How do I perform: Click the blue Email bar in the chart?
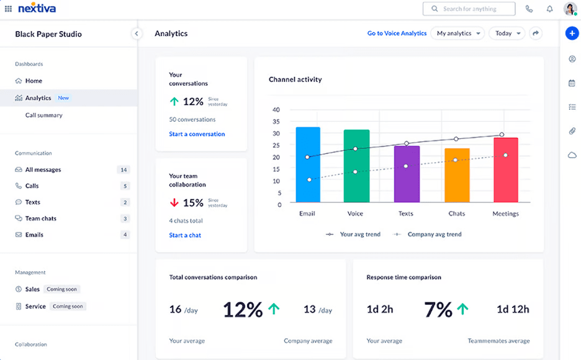click(x=308, y=164)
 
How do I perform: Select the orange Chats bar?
click(x=457, y=175)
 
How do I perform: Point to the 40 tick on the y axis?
click(x=276, y=110)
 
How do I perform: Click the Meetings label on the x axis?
click(x=505, y=214)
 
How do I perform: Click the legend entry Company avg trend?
click(x=434, y=235)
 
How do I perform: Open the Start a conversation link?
click(x=197, y=134)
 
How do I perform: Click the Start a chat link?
click(x=185, y=235)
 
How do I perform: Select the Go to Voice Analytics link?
click(x=397, y=34)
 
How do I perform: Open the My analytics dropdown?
click(x=458, y=34)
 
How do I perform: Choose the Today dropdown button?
click(x=507, y=34)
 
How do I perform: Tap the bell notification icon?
click(x=549, y=9)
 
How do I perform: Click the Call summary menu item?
click(x=43, y=115)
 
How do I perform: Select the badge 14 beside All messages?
click(x=124, y=169)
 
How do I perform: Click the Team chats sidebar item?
click(x=41, y=218)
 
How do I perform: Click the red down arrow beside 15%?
click(x=174, y=202)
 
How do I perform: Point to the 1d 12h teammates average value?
click(x=513, y=309)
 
